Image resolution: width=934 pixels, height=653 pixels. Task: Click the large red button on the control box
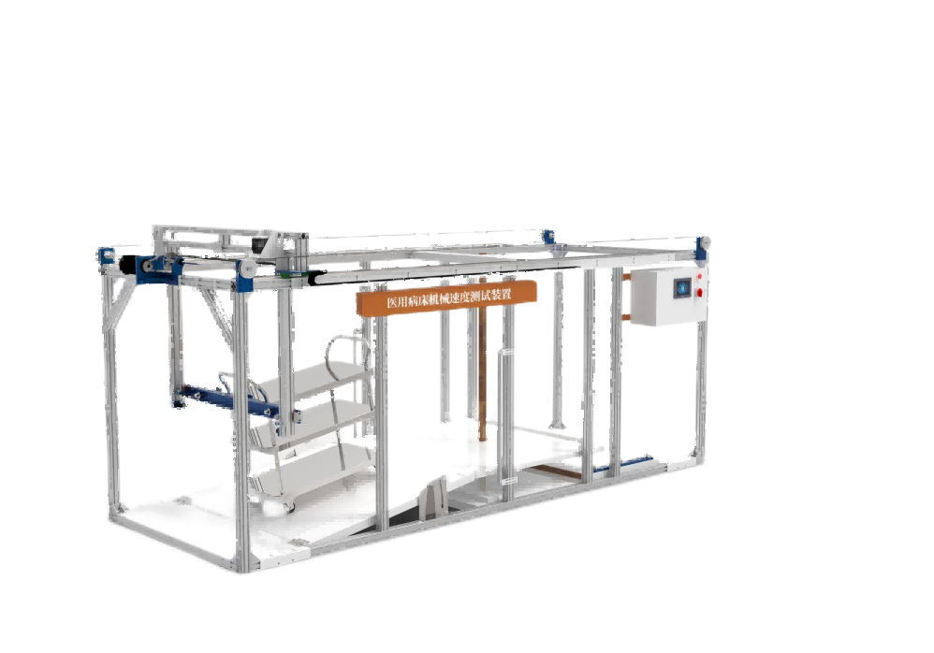(x=699, y=292)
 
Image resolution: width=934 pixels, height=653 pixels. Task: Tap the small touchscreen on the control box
(x=682, y=288)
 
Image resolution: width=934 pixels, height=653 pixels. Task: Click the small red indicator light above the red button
(x=699, y=277)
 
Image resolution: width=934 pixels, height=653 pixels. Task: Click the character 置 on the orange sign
(x=505, y=294)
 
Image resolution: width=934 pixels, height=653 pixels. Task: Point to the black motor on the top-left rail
(x=128, y=264)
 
